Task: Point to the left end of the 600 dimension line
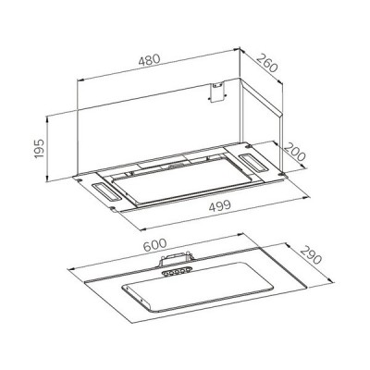67,270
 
